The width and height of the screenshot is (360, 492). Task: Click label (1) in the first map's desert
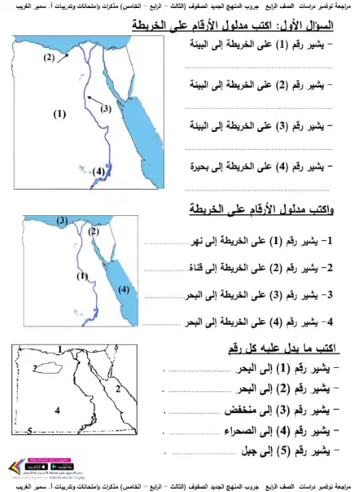[58, 114]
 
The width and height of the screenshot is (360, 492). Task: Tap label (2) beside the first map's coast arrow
[49, 58]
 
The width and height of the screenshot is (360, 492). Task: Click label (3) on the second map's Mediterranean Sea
[62, 220]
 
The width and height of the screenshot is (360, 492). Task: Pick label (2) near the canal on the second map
[94, 231]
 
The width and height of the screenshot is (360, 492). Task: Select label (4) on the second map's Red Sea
[124, 290]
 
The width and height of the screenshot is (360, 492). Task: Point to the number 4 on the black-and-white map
[57, 410]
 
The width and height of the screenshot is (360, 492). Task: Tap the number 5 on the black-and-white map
[29, 431]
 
